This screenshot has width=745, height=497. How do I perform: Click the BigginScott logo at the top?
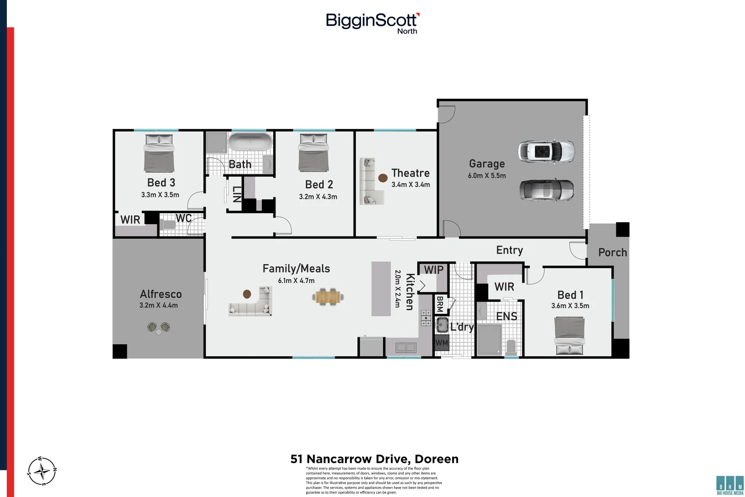pyautogui.click(x=372, y=23)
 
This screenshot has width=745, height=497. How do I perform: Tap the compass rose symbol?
pyautogui.click(x=42, y=471)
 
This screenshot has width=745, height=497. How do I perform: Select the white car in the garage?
pyautogui.click(x=546, y=151)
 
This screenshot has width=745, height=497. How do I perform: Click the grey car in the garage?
pyautogui.click(x=546, y=190)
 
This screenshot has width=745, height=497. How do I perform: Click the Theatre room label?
pyautogui.click(x=410, y=173)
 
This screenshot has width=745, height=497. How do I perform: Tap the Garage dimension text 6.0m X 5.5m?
pyautogui.click(x=487, y=176)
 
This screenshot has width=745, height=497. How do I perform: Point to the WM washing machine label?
pyautogui.click(x=441, y=343)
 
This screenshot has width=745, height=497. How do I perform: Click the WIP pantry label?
pyautogui.click(x=433, y=270)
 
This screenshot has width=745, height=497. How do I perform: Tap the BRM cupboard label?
pyautogui.click(x=440, y=304)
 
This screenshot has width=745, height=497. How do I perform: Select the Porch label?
pyautogui.click(x=612, y=252)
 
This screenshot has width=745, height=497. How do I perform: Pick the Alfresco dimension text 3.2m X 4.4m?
pyautogui.click(x=159, y=305)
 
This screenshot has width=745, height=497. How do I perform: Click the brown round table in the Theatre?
pyautogui.click(x=383, y=178)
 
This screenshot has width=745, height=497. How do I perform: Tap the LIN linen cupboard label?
pyautogui.click(x=236, y=194)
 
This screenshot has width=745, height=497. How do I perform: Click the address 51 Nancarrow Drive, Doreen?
pyautogui.click(x=374, y=459)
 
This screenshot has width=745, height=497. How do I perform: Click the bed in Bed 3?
pyautogui.click(x=159, y=153)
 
